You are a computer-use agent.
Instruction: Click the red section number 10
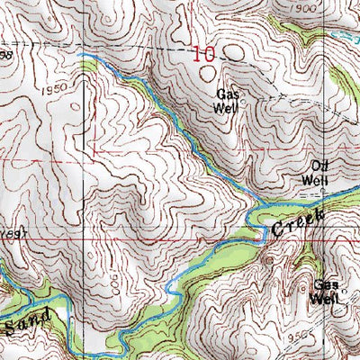[204, 55]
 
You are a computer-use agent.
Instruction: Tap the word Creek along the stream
[294, 219]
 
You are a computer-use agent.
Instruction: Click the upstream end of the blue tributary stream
[79, 55]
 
